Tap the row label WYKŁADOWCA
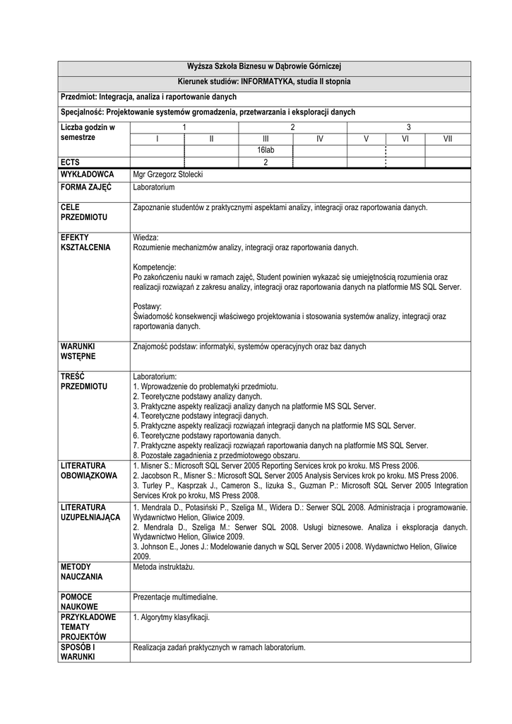click(88, 174)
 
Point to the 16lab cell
click(266, 151)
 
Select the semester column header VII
click(447, 139)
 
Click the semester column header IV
click(319, 139)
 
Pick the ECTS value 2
click(266, 163)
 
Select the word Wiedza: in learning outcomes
click(146, 238)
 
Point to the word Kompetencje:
click(154, 267)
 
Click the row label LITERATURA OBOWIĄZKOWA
click(89, 471)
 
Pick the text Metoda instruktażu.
click(164, 567)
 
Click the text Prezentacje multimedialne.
click(175, 597)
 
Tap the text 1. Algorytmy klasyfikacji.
click(172, 617)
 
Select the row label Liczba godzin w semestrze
click(88, 132)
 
